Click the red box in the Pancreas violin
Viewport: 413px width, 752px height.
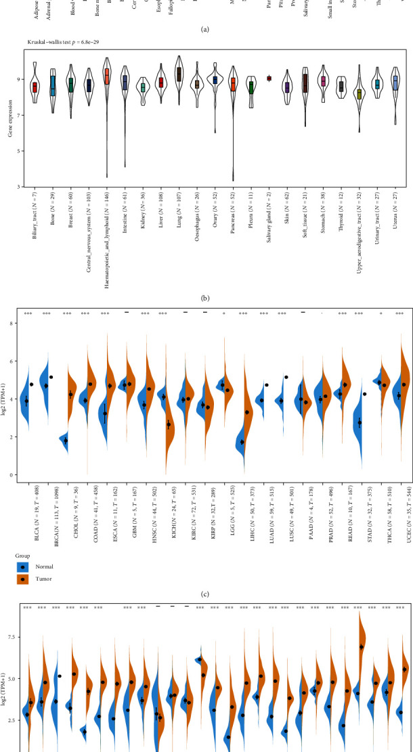click(234, 84)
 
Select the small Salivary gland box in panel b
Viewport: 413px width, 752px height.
click(269, 79)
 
